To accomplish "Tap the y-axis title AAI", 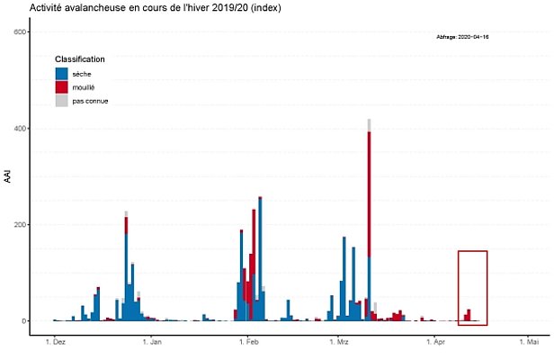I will coord(8,177).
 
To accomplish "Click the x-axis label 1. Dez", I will coord(55,343).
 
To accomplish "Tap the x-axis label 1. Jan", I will coord(152,343).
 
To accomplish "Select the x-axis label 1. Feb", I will coord(249,343).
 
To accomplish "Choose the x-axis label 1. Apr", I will coord(436,343).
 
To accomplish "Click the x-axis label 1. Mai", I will coord(528,343).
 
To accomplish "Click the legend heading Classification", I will coord(80,59).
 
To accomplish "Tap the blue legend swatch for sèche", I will coord(62,74).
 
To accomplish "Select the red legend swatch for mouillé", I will coord(62,87).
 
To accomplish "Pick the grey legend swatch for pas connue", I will coord(62,101).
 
